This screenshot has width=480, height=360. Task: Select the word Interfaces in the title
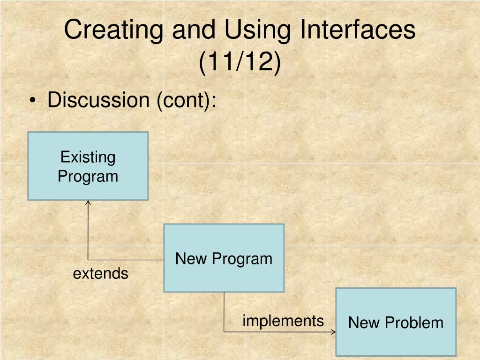click(358, 29)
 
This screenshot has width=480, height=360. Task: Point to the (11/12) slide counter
click(240, 61)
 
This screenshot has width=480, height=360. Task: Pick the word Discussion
click(98, 100)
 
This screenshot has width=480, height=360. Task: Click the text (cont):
click(187, 100)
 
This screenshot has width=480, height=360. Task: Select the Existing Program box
click(88, 166)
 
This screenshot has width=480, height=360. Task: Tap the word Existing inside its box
click(88, 157)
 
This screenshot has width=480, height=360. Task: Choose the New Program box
click(224, 258)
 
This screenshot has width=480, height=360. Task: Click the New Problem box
click(396, 322)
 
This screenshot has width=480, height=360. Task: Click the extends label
click(100, 273)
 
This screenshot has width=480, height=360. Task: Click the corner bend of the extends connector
click(88, 260)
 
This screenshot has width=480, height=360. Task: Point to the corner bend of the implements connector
click(224, 332)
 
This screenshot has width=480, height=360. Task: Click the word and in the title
click(194, 30)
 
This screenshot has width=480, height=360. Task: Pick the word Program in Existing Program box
click(88, 177)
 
